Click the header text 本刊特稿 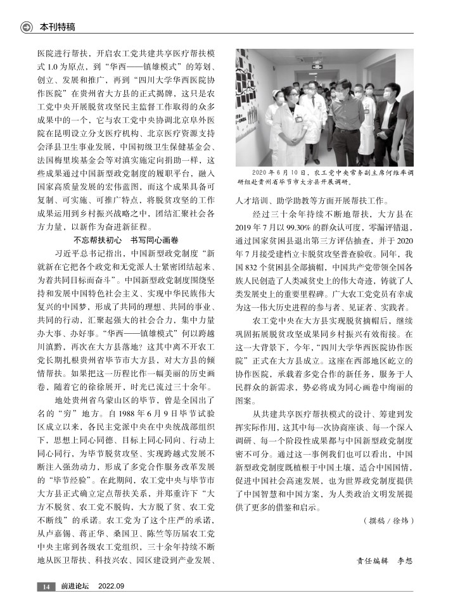(x=58, y=27)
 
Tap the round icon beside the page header (x=27, y=27)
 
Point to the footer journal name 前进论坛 (x=75, y=587)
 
